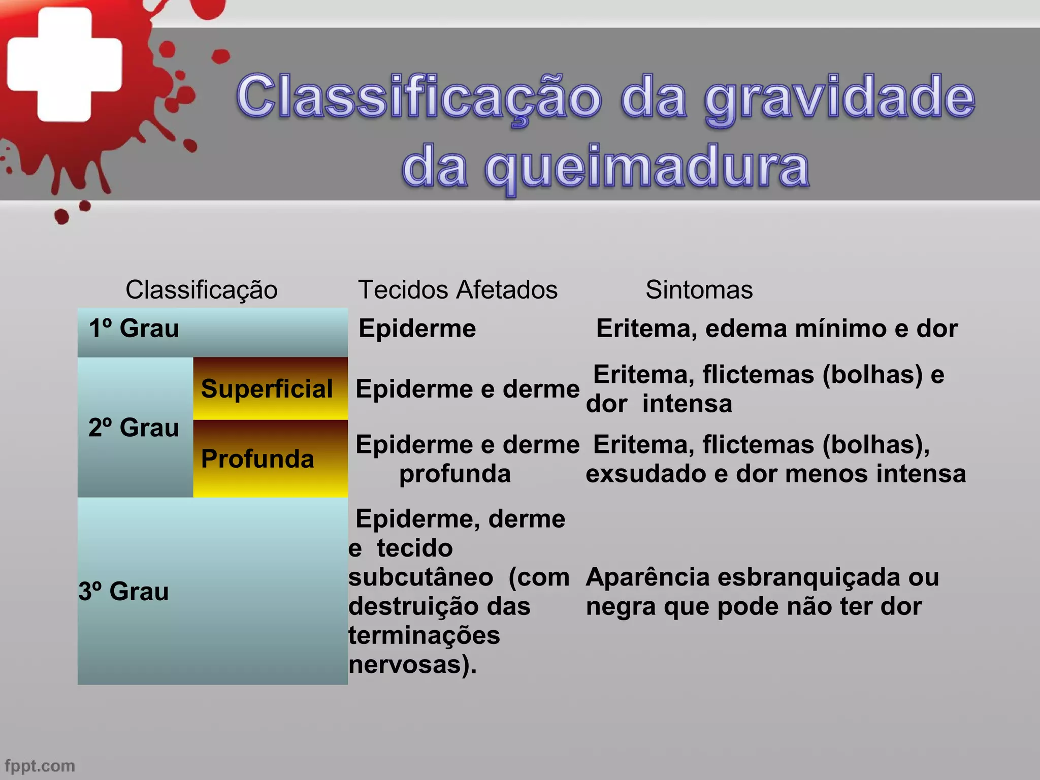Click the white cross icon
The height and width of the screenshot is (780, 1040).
(64, 64)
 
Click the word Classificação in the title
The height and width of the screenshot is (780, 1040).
(418, 96)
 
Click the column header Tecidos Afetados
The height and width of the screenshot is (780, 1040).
(458, 290)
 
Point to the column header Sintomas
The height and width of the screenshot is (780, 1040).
(699, 290)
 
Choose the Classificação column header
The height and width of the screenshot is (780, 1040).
(202, 290)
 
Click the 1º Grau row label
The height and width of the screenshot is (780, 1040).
(134, 329)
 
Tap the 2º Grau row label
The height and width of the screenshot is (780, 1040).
(134, 428)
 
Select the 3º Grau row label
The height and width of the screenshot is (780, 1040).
(123, 592)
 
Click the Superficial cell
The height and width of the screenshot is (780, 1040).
(267, 389)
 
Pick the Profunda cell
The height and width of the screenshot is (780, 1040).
(257, 459)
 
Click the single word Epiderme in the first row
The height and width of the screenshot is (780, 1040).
(417, 329)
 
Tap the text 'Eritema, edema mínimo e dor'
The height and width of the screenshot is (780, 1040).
(776, 329)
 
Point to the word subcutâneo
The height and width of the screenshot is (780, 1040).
(420, 577)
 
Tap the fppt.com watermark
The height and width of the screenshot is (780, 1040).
(40, 765)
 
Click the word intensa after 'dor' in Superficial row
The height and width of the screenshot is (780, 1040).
(687, 404)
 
